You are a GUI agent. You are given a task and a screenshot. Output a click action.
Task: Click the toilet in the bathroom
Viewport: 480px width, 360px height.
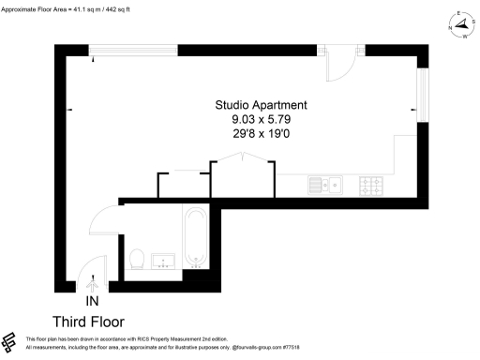point(137,258)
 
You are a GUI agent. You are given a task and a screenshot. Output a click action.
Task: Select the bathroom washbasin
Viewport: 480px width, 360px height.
point(165,260)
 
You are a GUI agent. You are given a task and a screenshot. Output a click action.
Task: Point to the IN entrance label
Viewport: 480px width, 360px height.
point(92,301)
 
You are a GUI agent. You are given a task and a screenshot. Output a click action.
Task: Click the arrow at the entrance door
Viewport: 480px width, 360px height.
point(92,281)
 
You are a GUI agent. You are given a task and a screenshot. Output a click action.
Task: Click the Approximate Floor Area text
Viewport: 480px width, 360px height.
point(67,7)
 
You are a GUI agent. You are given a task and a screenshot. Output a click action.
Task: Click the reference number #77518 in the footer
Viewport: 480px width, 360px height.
point(302,347)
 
